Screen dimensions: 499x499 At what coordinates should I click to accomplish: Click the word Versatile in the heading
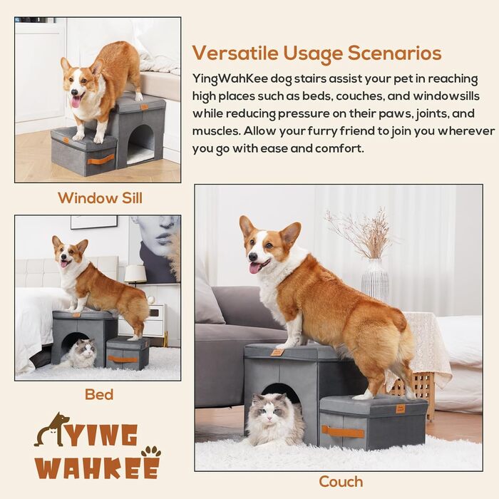coord(235,53)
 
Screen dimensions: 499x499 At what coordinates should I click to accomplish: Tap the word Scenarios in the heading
coord(394,53)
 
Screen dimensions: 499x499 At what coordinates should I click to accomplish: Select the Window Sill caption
coord(101,198)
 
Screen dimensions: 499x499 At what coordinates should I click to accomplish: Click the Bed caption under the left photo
coord(99,395)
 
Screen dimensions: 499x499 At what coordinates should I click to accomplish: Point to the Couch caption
coord(341,482)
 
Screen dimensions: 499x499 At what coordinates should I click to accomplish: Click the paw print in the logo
coord(151,452)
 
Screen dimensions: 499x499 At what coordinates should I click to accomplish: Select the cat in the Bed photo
coord(81,353)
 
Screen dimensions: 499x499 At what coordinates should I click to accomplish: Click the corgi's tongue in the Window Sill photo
coord(76,103)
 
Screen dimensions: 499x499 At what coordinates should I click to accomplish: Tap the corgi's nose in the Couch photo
coord(252,257)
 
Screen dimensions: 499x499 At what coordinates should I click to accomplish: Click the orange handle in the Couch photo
coord(343,432)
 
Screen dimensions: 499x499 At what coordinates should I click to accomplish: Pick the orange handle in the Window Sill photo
coord(101,159)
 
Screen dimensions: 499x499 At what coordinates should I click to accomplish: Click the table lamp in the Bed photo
coord(135,276)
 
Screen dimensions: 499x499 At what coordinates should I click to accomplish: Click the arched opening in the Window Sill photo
coord(140,143)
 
